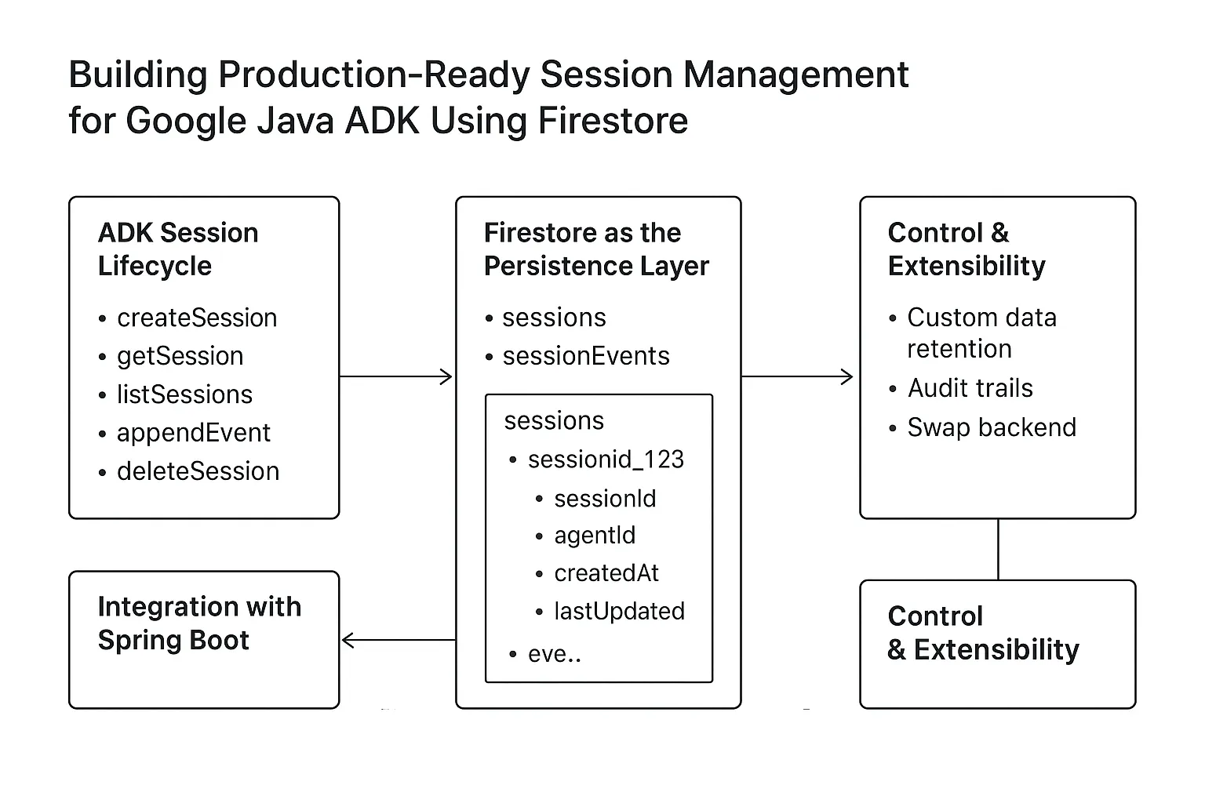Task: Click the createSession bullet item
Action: coord(196,318)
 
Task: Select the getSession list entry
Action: coord(180,356)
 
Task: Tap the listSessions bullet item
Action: coord(184,394)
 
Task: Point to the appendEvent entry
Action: coord(193,433)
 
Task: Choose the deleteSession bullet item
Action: coord(198,471)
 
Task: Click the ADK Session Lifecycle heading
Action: coord(177,249)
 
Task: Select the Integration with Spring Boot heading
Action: coord(199,623)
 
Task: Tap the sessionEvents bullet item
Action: coord(585,356)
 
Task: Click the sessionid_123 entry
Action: coord(606,460)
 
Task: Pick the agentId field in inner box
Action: coord(595,536)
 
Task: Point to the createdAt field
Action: coord(606,573)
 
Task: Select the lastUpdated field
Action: coord(619,611)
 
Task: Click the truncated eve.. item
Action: coord(554,654)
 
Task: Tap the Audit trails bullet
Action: coord(970,388)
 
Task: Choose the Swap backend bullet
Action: coord(992,427)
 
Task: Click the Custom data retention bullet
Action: coord(981,333)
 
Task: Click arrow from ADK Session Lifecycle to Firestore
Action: coord(396,377)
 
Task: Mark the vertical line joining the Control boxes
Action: coord(998,549)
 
